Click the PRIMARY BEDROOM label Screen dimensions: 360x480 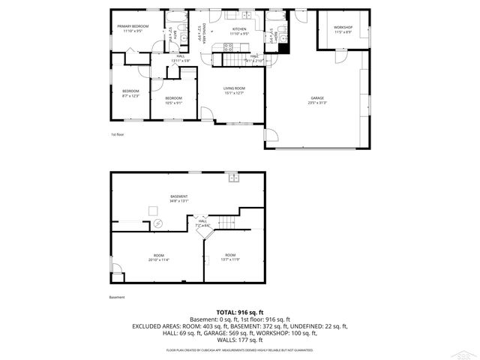[133, 26]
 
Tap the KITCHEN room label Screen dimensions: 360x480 [238, 28]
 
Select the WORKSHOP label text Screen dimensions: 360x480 [343, 28]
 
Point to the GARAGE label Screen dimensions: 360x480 [318, 98]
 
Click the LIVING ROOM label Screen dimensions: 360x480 [234, 88]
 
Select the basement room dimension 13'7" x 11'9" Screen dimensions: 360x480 [229, 259]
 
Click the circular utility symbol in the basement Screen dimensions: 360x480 [158, 223]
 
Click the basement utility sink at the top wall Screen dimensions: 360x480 [233, 178]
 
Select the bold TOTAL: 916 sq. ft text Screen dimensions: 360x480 [240, 312]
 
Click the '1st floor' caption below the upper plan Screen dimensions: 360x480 [116, 134]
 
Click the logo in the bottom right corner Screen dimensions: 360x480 [469, 351]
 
